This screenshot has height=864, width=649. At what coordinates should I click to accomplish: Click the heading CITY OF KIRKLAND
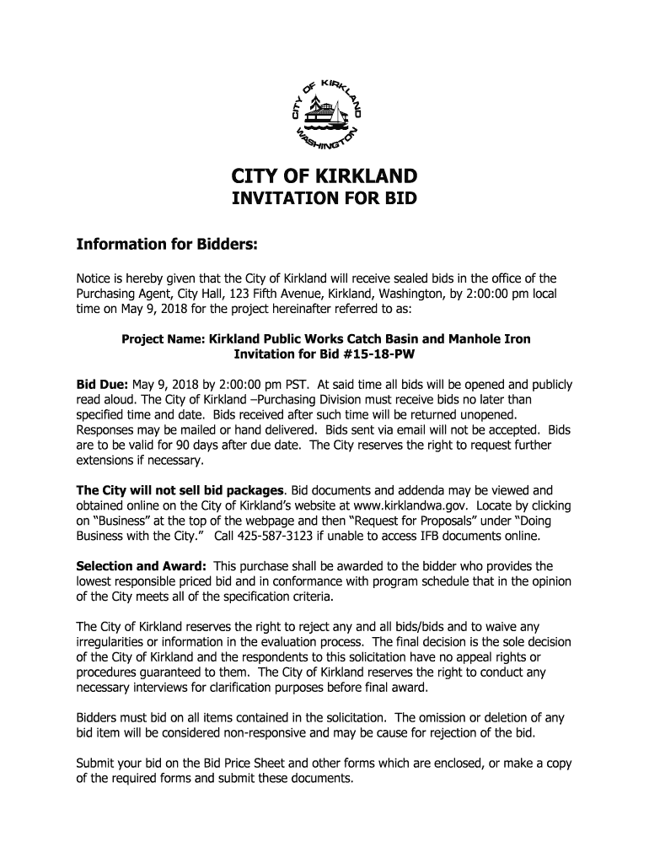(x=324, y=177)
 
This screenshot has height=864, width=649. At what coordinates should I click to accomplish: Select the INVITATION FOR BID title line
(x=324, y=200)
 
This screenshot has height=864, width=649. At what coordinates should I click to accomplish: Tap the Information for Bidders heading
(x=166, y=245)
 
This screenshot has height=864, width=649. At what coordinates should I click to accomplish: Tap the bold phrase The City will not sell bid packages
(x=180, y=489)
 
